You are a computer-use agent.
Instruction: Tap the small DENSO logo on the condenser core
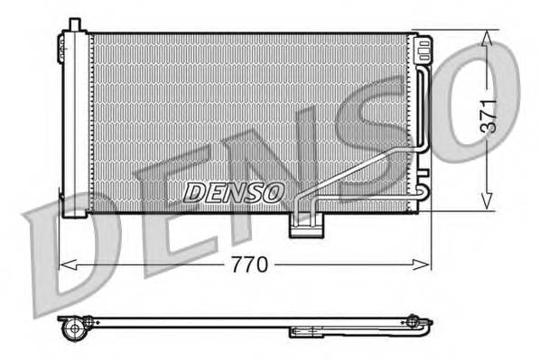(234, 191)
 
